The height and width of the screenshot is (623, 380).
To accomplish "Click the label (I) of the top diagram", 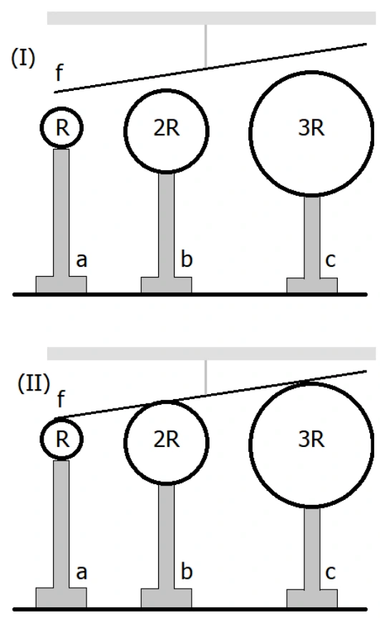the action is coord(23,58).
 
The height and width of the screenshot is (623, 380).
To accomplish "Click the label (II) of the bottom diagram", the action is coord(34,383).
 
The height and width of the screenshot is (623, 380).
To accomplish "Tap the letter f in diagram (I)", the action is coord(59,73).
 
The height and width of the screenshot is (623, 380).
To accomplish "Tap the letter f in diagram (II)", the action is coord(60,399).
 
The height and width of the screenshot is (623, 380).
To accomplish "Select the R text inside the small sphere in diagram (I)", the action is coord(62,128).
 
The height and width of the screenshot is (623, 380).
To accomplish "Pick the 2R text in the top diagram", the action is coord(167,128).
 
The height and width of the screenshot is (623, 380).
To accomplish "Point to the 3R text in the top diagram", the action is coord(311,128).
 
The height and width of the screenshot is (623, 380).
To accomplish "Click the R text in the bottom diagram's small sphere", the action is coord(62,439).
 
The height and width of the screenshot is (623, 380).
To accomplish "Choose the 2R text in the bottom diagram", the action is coord(167,439).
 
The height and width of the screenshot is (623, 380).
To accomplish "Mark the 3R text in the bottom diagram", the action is coord(311,439).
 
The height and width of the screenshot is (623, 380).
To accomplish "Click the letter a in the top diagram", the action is coord(82,260).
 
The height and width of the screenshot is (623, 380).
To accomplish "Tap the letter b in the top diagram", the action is coord(187,259).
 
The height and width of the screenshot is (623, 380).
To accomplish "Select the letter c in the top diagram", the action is coord(331,260).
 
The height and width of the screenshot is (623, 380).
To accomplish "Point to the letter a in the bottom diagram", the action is coord(82,573).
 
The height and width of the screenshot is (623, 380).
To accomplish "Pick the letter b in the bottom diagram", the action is coord(187,571).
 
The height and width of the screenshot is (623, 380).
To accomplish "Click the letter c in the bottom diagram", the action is coord(331,573).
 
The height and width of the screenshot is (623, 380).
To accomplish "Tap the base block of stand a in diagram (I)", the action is coord(62,285).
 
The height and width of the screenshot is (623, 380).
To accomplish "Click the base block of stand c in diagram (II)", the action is coord(312,599).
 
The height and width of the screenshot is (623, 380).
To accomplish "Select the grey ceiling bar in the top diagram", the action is coord(211,19).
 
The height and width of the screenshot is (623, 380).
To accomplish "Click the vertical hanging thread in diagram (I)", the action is coord(205,46).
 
